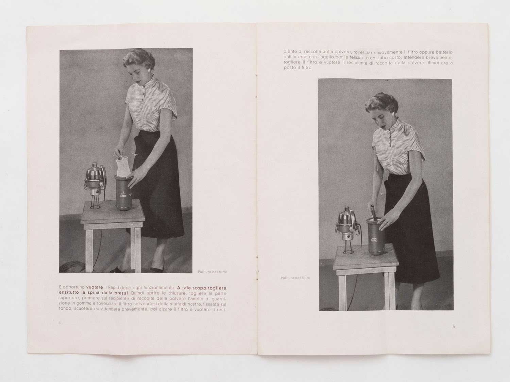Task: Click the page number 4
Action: coord(60,323)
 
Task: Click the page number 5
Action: coord(454,326)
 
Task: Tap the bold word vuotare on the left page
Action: coord(94,287)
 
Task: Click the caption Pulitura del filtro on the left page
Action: coord(213,272)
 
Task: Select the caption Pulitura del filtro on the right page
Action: coord(295,278)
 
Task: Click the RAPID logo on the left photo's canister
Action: coord(123,195)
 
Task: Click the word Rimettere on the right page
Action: coord(440,62)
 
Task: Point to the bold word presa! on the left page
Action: coord(121,293)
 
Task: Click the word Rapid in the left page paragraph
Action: coord(113,288)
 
